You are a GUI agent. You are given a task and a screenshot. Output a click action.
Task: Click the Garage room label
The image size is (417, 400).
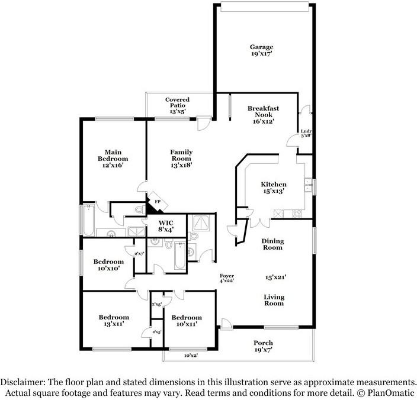click(261, 50)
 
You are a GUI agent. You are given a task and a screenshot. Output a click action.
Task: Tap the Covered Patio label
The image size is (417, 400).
click(177, 105)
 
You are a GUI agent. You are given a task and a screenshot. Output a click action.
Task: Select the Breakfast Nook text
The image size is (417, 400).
click(263, 115)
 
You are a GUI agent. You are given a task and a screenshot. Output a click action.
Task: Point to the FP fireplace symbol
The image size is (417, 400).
click(158, 202)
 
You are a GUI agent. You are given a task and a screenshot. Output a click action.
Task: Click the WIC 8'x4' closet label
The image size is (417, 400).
click(166, 226)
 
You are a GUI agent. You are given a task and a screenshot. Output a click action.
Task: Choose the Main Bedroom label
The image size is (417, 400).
click(113, 159)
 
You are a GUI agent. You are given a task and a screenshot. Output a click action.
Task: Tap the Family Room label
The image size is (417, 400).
click(181, 159)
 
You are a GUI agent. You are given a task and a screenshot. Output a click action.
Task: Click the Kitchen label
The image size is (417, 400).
click(274, 188)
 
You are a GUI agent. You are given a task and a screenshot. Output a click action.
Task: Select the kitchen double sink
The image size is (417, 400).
click(308, 185)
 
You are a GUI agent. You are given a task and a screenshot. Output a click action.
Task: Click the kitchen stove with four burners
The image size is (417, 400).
click(297, 214)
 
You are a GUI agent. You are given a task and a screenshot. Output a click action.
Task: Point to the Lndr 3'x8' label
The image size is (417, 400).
click(306, 133)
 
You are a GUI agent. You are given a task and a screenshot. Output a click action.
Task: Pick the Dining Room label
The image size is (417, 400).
click(272, 244)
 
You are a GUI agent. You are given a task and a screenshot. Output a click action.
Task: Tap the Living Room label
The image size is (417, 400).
click(274, 300)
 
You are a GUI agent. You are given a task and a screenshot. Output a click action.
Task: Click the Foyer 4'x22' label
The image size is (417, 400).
click(227, 278)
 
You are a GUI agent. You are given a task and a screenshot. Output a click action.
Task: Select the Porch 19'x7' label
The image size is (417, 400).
click(263, 346)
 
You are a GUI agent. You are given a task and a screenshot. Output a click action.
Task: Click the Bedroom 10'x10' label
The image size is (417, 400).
click(108, 265)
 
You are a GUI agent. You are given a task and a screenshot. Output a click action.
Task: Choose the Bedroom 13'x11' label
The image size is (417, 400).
click(114, 320)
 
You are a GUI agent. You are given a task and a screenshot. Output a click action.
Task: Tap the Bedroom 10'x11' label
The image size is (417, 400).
click(187, 321)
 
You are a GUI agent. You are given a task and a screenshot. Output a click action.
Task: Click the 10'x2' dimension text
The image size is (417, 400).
click(191, 356)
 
